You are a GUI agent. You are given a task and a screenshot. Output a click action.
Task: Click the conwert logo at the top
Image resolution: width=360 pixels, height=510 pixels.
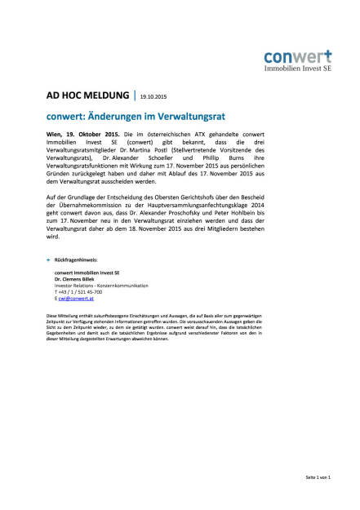click(x=297, y=61)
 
